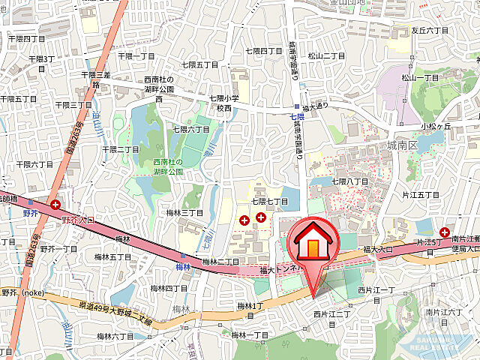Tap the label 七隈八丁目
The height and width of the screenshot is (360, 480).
point(350,181)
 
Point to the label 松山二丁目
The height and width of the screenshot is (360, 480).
point(326,55)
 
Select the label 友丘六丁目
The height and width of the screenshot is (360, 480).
point(430,31)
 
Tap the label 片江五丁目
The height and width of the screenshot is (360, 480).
point(421,195)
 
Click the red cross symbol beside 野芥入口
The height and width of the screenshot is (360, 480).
point(55,205)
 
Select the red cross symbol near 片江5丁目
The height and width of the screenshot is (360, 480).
point(445,233)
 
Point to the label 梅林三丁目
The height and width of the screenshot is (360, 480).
point(185,213)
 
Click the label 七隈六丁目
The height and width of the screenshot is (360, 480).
point(191,130)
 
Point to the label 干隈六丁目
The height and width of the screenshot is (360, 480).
point(34,164)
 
